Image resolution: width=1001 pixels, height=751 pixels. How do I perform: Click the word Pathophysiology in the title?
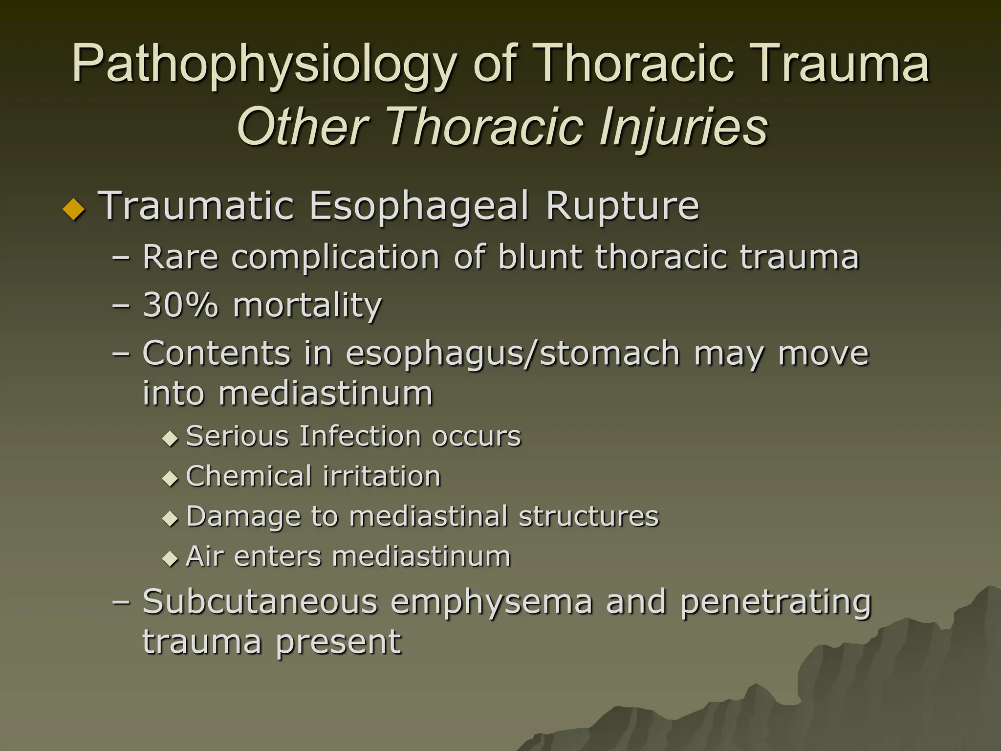264,64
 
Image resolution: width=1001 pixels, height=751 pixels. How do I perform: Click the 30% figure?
180,305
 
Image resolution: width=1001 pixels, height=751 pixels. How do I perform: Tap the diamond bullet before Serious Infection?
170,438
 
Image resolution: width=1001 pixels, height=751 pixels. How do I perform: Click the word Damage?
243,517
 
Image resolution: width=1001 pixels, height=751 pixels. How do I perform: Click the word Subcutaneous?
260,601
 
